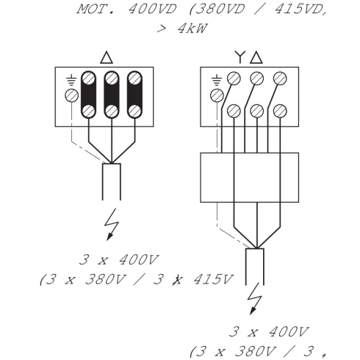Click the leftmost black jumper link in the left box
[x=89, y=94]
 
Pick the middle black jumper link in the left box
[x=111, y=94]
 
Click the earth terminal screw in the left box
[x=71, y=96]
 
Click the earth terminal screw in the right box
[x=216, y=96]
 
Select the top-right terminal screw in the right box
[x=279, y=79]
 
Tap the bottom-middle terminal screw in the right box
[x=257, y=112]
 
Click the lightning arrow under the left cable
[x=112, y=223]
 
